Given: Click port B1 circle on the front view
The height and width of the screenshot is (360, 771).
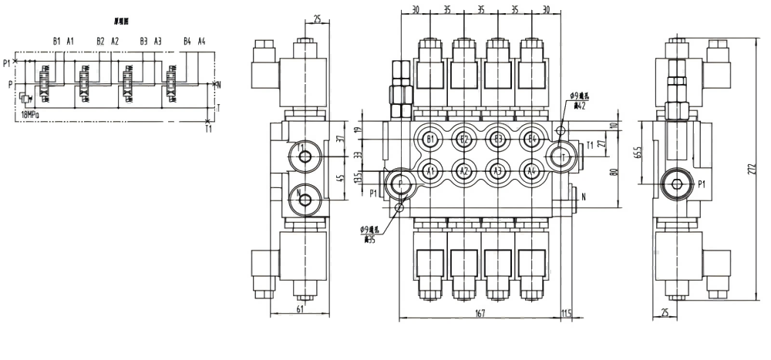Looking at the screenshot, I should click(430, 140).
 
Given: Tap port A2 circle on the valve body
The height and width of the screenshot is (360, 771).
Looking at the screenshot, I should click(463, 170).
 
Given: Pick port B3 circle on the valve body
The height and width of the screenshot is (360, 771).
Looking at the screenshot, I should click(497, 140).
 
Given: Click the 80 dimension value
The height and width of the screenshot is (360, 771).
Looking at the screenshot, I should click(614, 171).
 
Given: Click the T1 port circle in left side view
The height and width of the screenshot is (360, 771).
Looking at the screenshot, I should click(306, 157).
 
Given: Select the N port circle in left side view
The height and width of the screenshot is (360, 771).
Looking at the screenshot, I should click(306, 200).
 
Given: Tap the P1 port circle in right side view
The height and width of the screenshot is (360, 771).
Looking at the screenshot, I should click(679, 185).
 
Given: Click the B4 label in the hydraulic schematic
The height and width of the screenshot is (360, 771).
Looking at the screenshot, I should click(187, 41).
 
